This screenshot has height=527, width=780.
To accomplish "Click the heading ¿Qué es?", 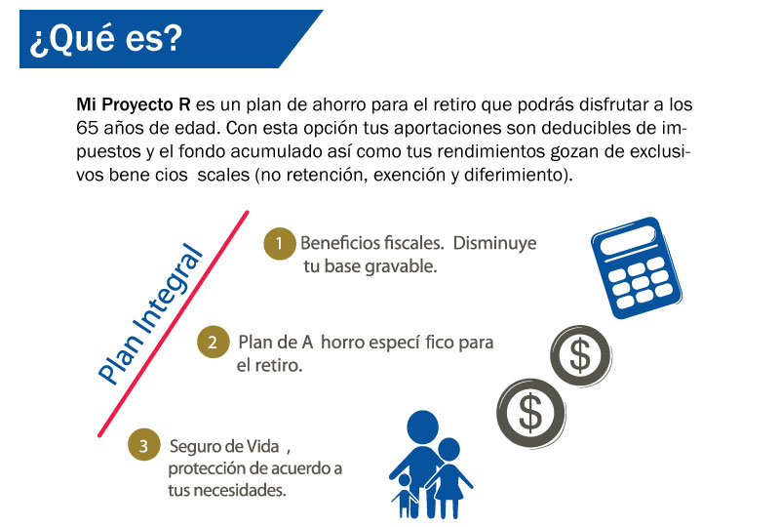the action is [106, 39].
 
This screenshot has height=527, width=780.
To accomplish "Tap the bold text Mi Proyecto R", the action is [134, 104].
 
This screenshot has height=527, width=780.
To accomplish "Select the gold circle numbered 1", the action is [280, 244].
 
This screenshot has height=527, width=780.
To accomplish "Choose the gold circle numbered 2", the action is [213, 343].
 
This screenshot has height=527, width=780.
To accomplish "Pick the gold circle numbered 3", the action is [143, 445].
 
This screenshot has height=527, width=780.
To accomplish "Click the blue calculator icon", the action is [637, 267].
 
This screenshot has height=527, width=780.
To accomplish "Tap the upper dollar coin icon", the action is [580, 355].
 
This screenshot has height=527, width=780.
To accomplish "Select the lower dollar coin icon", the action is [530, 413].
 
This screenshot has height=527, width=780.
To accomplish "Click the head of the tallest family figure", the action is [423, 426].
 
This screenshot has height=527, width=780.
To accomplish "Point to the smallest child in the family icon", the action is [406, 496].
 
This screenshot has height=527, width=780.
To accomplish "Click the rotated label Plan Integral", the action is [150, 314].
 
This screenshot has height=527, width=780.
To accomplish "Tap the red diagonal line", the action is [174, 324].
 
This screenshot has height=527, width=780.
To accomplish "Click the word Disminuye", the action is [495, 243].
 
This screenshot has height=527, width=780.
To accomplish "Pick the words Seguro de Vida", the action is [224, 446].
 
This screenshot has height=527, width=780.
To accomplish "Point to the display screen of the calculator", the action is [628, 240].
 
